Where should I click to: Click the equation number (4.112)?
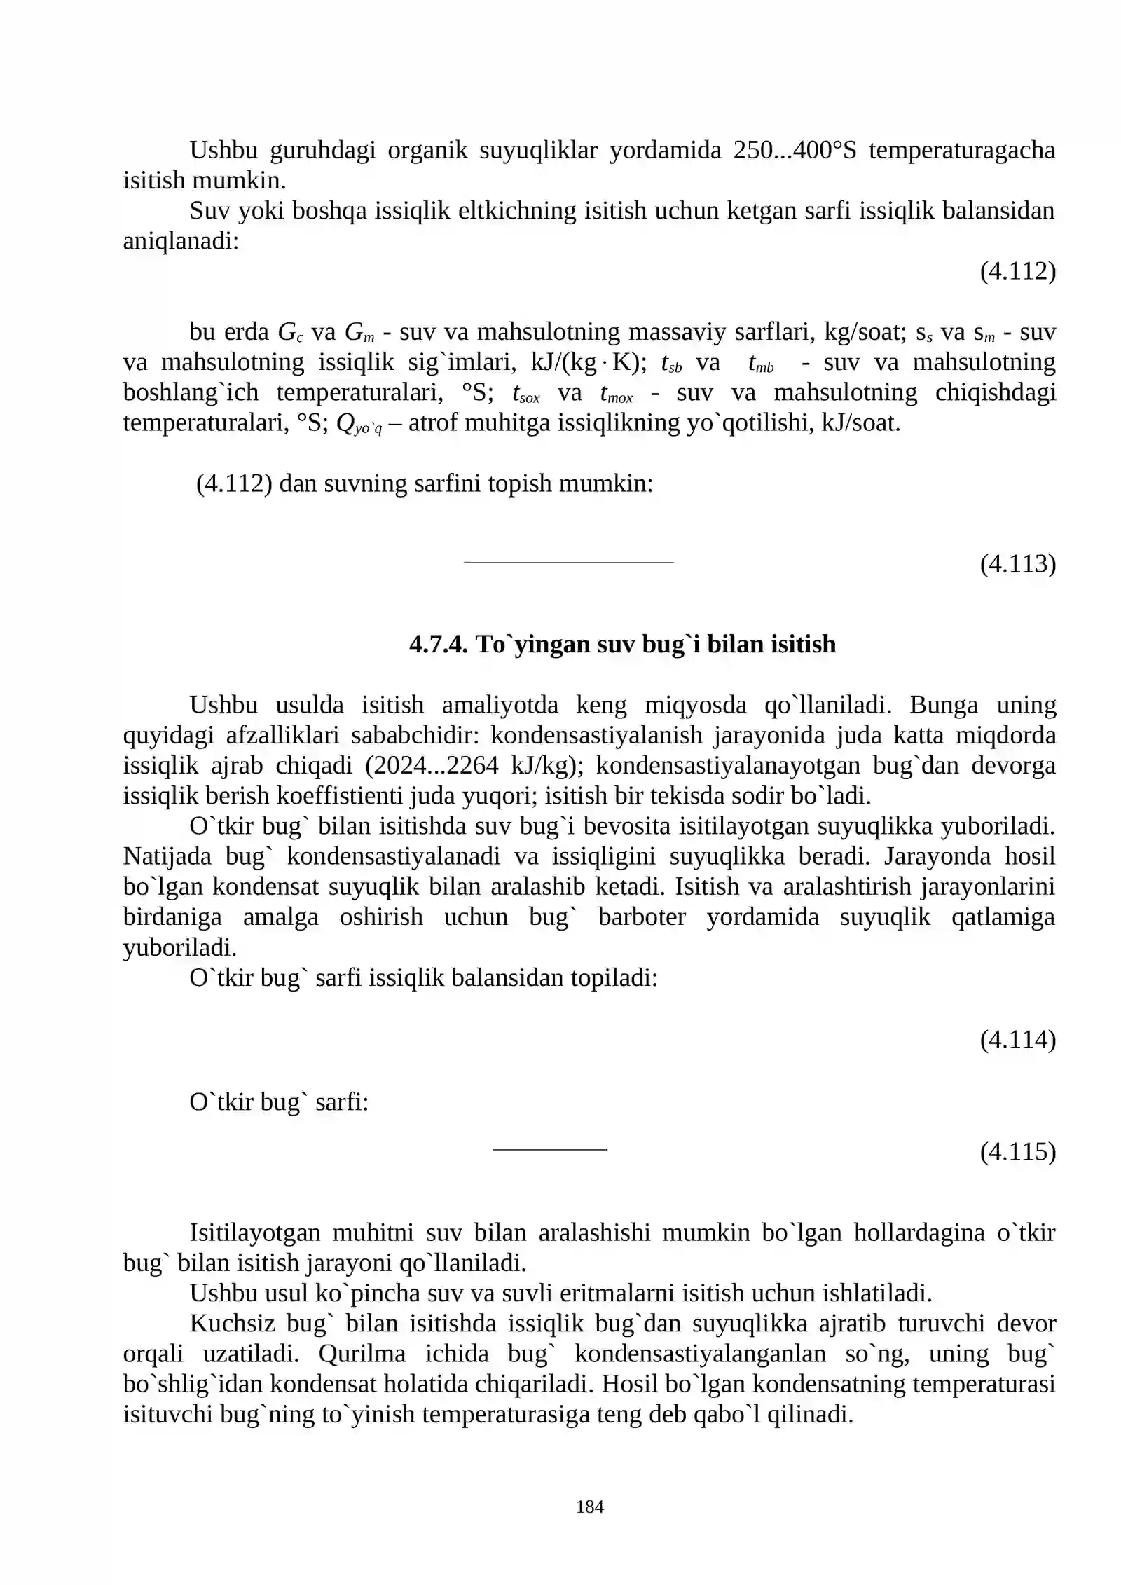(1017, 271)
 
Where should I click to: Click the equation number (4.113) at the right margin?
(1017, 563)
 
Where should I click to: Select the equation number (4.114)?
(1017, 1039)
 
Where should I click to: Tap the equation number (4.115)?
(1017, 1151)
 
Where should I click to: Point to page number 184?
(589, 1507)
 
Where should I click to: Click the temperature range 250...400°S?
(795, 150)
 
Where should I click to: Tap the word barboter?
(642, 917)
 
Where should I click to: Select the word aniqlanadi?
(181, 241)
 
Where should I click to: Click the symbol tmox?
(617, 394)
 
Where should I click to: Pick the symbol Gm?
(359, 332)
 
